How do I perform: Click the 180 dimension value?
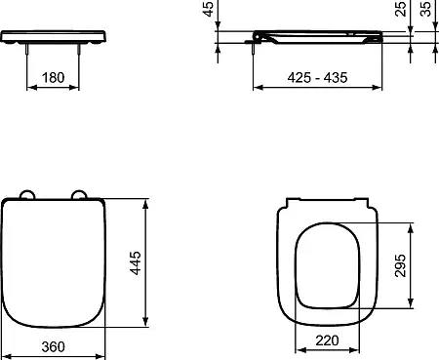click(54, 78)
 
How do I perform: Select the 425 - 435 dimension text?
click(317, 78)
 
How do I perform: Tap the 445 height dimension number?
click(136, 262)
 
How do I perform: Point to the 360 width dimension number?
click(53, 347)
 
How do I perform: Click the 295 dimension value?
click(401, 265)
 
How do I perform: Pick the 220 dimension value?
click(327, 340)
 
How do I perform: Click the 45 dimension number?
click(208, 9)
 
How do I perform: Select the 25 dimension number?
click(401, 9)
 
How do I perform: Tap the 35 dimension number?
click(425, 9)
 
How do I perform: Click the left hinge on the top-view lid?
click(27, 194)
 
